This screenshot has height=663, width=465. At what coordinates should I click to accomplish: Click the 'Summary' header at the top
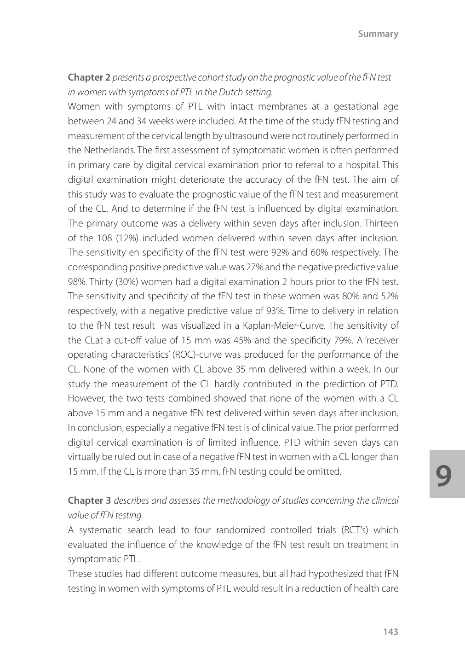378,34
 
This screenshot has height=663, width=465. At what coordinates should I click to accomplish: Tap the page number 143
390,632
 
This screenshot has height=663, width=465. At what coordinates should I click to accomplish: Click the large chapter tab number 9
443,476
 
